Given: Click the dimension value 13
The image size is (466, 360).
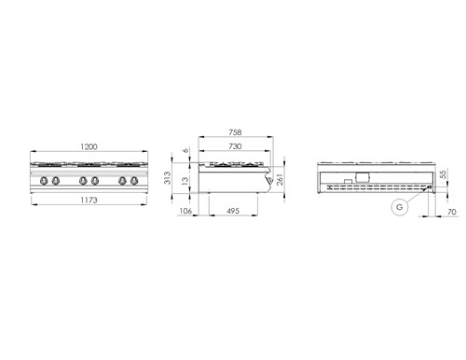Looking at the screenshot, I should coord(185,180).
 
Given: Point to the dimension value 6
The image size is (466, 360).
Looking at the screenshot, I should coord(185,151).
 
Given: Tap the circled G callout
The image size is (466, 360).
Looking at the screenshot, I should coord(398,207).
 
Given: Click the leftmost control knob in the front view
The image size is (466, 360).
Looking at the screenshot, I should coord(42,180).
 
